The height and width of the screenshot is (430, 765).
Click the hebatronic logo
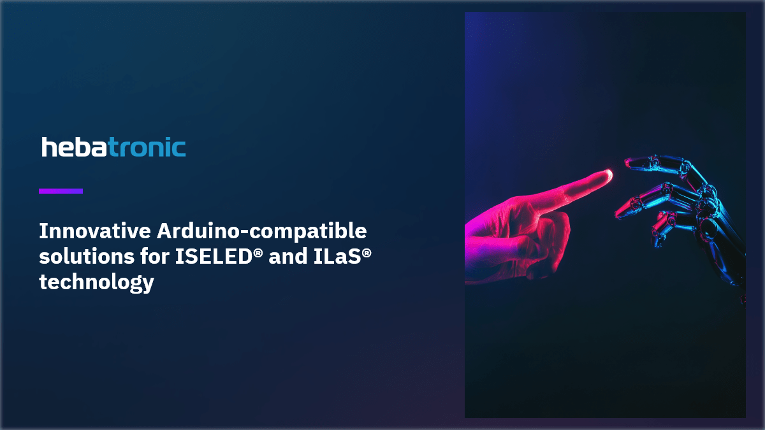[x=113, y=147]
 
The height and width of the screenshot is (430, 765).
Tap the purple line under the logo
[x=61, y=190]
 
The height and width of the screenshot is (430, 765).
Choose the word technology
[x=96, y=282]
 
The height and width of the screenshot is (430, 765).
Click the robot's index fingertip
[x=629, y=165]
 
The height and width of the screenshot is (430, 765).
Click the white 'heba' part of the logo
[x=74, y=147]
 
